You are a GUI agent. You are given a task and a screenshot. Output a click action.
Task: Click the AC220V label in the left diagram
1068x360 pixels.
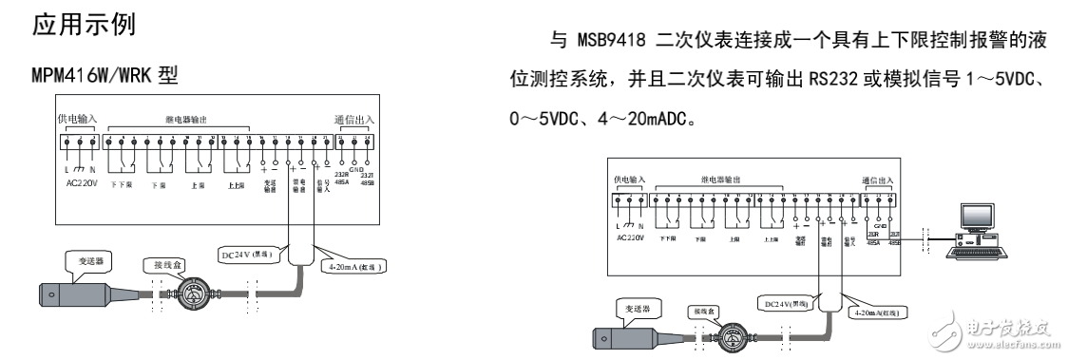coord(84,180)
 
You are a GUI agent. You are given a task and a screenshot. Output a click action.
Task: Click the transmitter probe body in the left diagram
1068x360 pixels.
coord(68,293)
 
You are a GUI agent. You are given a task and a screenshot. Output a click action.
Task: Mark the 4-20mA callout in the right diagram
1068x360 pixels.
coord(866,313)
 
